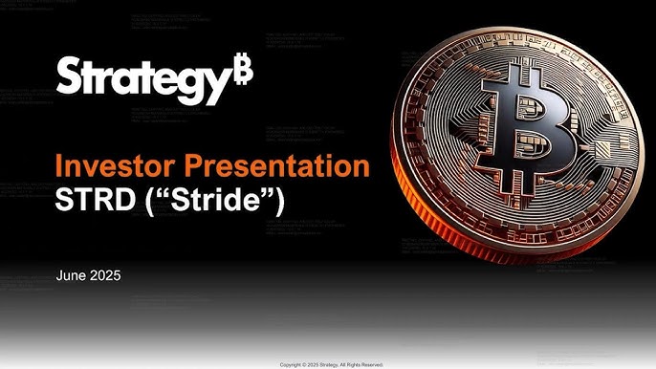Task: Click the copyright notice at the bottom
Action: [331, 364]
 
